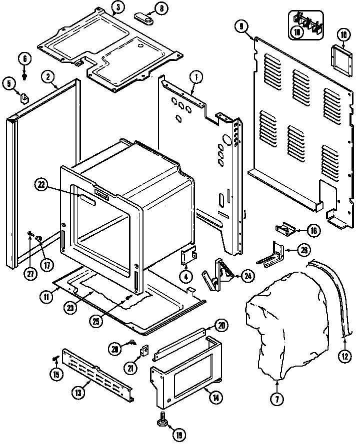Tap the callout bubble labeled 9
[x=241, y=26]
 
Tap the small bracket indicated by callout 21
[x=145, y=352]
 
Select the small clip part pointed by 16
[x=283, y=230]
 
